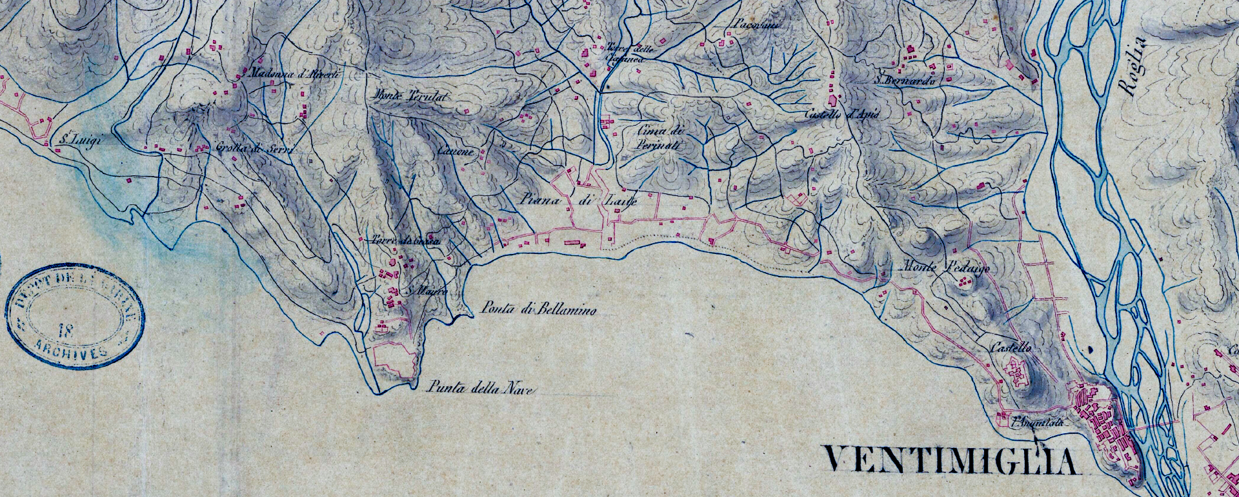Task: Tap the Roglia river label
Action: coord(1134,66)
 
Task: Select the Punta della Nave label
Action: coord(480,388)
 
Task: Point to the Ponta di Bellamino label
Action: coord(539,310)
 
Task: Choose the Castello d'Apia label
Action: coord(842,115)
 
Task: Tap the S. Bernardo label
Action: coord(905,81)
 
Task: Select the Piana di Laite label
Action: coord(579,200)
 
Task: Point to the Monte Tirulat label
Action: coord(411,97)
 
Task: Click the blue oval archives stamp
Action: coord(76,316)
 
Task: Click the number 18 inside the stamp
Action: coord(65,331)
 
